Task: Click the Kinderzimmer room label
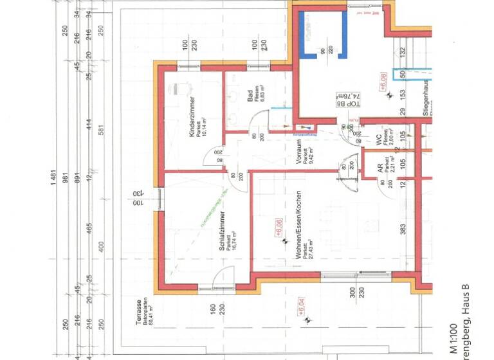(192, 116)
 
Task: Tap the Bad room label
(250, 96)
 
